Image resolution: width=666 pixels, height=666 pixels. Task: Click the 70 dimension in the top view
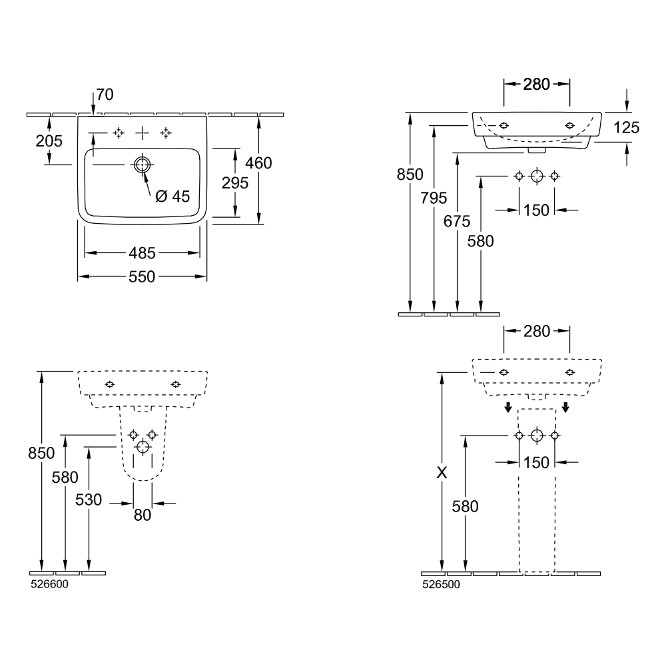105,95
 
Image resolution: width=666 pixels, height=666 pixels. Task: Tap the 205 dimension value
49,141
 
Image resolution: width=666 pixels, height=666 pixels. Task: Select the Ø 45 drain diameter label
172,196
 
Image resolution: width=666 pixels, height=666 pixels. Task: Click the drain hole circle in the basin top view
142,165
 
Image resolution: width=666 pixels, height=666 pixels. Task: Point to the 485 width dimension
142,253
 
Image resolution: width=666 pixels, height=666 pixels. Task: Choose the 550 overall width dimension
142,276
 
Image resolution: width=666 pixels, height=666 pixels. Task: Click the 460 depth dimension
259,163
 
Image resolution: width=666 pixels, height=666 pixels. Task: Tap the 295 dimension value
236,182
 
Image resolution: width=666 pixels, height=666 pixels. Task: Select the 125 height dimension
626,127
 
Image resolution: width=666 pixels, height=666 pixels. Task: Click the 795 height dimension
434,198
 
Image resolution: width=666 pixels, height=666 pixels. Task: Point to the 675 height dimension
457,222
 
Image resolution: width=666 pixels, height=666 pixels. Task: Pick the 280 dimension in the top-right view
536,84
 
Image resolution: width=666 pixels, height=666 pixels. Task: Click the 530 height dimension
89,499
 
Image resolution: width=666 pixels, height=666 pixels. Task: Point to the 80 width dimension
143,515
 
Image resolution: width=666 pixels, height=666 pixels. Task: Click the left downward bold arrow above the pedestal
507,407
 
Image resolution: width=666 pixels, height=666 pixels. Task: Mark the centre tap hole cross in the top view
142,133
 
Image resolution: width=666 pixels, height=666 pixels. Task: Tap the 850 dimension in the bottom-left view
41,453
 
